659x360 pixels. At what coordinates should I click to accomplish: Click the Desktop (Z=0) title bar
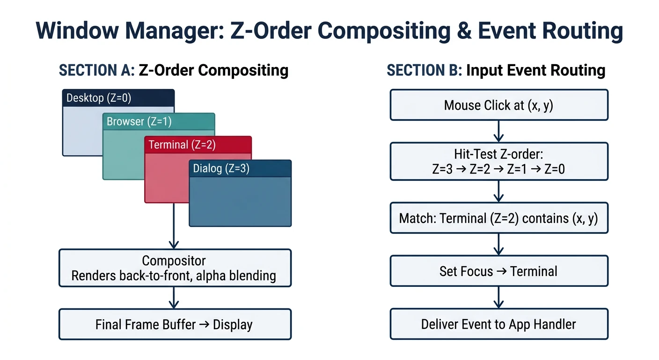tap(118, 98)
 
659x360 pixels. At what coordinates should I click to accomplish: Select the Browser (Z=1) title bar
tap(158, 121)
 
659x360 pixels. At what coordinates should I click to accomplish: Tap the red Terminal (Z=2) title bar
tap(198, 145)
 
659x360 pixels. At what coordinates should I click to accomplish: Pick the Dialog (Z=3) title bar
tap(240, 168)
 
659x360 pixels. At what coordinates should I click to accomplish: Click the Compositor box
tap(175, 268)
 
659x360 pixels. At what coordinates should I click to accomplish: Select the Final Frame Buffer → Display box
tap(175, 324)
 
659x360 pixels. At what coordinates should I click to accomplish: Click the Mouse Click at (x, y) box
tap(498, 105)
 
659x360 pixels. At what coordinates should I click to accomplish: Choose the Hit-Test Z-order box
tap(498, 161)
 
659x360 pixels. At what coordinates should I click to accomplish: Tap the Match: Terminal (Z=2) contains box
tap(498, 218)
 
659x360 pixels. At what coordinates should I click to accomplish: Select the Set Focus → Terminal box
tap(498, 271)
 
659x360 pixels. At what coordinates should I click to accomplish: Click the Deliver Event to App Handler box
tap(498, 324)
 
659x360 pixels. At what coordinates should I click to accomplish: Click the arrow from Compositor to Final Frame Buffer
tap(174, 297)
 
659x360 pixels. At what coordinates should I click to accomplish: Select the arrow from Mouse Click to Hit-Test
tap(498, 131)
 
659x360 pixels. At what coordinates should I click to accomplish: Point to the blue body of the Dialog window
tap(240, 202)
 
